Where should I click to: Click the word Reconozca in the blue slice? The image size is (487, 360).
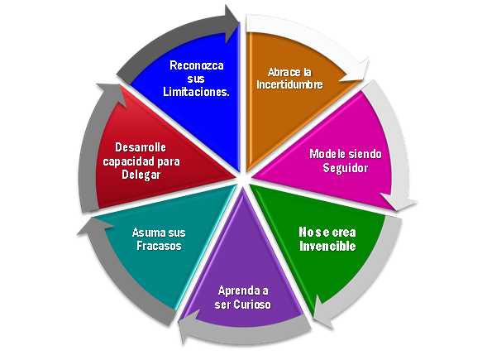tap(197, 65)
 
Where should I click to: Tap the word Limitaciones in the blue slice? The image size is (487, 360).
tap(195, 92)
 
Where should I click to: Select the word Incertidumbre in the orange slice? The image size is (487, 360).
tap(289, 84)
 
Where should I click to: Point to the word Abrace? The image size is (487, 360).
tap(283, 72)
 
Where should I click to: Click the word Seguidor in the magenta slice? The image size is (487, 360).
tap(346, 168)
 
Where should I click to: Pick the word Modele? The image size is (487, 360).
tap(327, 154)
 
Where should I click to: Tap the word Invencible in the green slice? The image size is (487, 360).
tap(327, 247)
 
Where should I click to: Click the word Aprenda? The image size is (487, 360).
tap(239, 290)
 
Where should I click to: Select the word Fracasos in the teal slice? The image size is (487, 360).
tap(159, 246)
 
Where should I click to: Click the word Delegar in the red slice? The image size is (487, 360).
tap(141, 175)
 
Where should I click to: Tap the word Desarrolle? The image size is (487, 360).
tap(141, 147)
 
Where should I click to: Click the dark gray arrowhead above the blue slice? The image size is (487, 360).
tap(232, 24)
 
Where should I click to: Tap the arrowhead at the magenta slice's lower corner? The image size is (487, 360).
tap(399, 201)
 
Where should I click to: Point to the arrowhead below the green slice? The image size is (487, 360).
tap(322, 312)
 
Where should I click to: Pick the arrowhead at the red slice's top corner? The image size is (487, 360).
tap(112, 94)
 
